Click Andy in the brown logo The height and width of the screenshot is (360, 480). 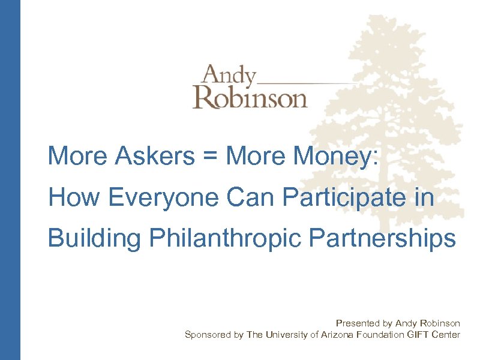click(228, 77)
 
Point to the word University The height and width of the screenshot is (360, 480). click(287, 335)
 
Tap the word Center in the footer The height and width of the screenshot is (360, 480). click(446, 335)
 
